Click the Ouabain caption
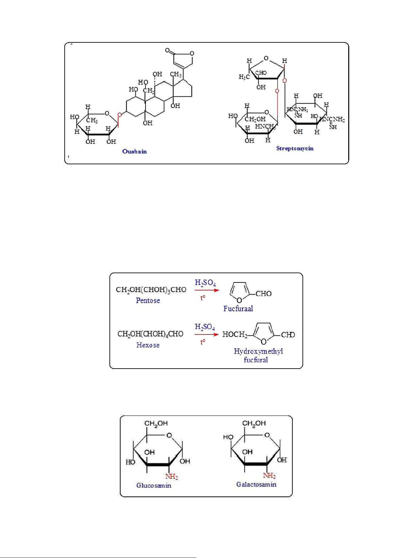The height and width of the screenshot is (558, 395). pyautogui.click(x=134, y=151)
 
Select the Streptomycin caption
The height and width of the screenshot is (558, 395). pyautogui.click(x=295, y=148)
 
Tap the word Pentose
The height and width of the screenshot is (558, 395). pyautogui.click(x=148, y=300)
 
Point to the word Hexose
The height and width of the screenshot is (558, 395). pyautogui.click(x=148, y=345)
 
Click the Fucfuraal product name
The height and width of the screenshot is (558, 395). pyautogui.click(x=238, y=309)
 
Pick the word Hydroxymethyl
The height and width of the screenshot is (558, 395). pyautogui.click(x=258, y=351)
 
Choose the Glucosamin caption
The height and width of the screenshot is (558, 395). pyautogui.click(x=154, y=485)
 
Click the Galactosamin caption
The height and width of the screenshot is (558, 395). pyautogui.click(x=256, y=484)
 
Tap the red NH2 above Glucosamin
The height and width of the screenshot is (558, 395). pyautogui.click(x=171, y=477)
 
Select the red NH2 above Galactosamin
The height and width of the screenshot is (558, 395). pyautogui.click(x=269, y=476)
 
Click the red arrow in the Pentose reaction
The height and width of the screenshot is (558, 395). pyautogui.click(x=207, y=290)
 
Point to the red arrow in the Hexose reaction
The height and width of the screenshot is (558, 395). pyautogui.click(x=207, y=334)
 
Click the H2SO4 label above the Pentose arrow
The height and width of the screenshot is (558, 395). pyautogui.click(x=205, y=283)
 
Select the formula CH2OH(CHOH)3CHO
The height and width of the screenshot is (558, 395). pyautogui.click(x=151, y=290)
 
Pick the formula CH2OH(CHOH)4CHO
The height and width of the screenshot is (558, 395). pyautogui.click(x=150, y=334)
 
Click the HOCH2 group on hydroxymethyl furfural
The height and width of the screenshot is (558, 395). pyautogui.click(x=235, y=334)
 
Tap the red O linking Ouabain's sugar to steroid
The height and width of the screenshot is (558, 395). pyautogui.click(x=119, y=115)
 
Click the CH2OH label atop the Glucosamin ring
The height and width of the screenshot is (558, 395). pyautogui.click(x=156, y=423)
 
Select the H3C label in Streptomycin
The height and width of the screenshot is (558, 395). pyautogui.click(x=244, y=77)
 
